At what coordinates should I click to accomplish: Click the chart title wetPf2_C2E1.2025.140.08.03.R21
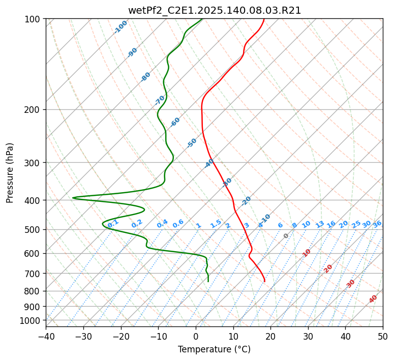pyautogui.click(x=214, y=10)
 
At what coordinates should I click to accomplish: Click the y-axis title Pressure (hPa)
pyautogui.click(x=10, y=173)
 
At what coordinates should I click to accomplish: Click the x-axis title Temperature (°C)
pyautogui.click(x=214, y=350)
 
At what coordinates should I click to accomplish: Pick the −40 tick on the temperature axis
pyautogui.click(x=46, y=336)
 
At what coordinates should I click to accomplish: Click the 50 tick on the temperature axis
pyautogui.click(x=383, y=336)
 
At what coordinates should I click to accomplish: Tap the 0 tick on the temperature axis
pyautogui.click(x=196, y=336)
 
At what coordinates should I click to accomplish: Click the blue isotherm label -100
pyautogui.click(x=120, y=27)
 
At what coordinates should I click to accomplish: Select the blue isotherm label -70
pyautogui.click(x=160, y=100)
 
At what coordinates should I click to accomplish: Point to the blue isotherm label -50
pyautogui.click(x=192, y=143)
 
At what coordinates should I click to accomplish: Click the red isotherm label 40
pyautogui.click(x=373, y=299)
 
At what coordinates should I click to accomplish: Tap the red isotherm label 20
pyautogui.click(x=328, y=268)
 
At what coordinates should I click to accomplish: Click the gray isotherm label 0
pyautogui.click(x=286, y=236)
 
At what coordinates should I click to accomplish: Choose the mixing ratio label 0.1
pyautogui.click(x=113, y=223)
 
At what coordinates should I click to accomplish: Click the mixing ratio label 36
pyautogui.click(x=377, y=224)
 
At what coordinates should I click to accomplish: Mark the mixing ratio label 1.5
pyautogui.click(x=216, y=223)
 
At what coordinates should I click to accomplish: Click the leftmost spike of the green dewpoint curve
pyautogui.click(x=73, y=198)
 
